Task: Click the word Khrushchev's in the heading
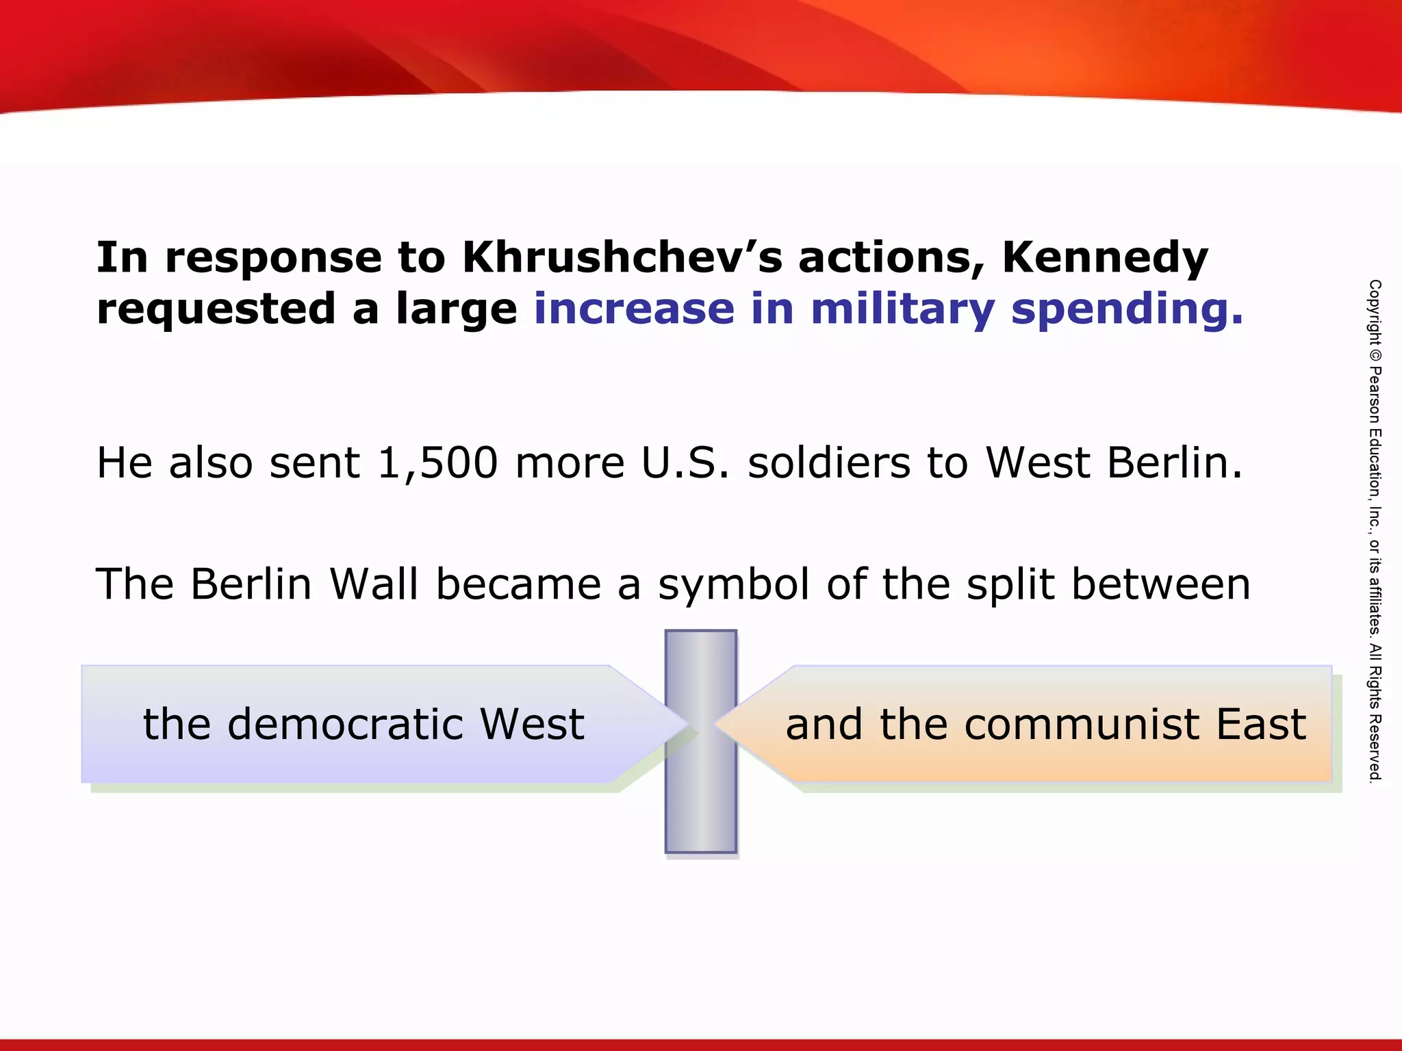click(x=622, y=258)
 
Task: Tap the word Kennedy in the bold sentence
click(x=1105, y=258)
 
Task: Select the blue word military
click(x=902, y=309)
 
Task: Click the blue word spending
click(x=1127, y=310)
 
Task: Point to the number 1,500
click(x=437, y=463)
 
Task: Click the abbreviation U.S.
click(x=685, y=463)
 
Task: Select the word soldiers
click(x=829, y=463)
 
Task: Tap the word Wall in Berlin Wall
click(x=374, y=584)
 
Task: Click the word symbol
click(x=734, y=586)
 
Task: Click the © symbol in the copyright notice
click(x=1375, y=356)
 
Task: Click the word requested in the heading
click(x=216, y=310)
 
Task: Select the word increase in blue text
click(x=635, y=309)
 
